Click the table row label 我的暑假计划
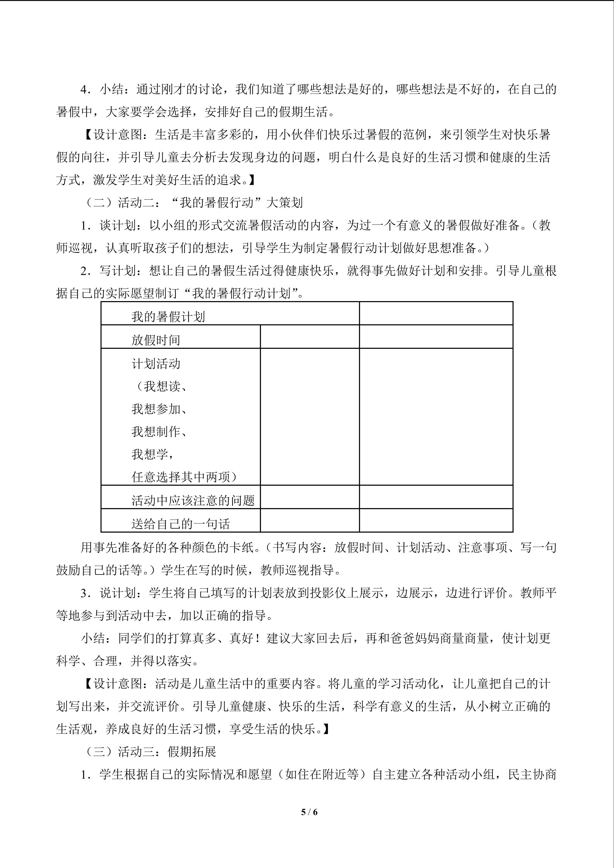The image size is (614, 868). [168, 317]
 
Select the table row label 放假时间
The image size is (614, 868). [156, 340]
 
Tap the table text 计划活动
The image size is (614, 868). [156, 364]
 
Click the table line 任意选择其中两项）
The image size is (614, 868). [184, 477]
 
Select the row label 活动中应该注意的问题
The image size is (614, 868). [193, 501]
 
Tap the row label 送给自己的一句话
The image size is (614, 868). [181, 524]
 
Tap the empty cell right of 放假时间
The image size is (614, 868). [310, 336]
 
